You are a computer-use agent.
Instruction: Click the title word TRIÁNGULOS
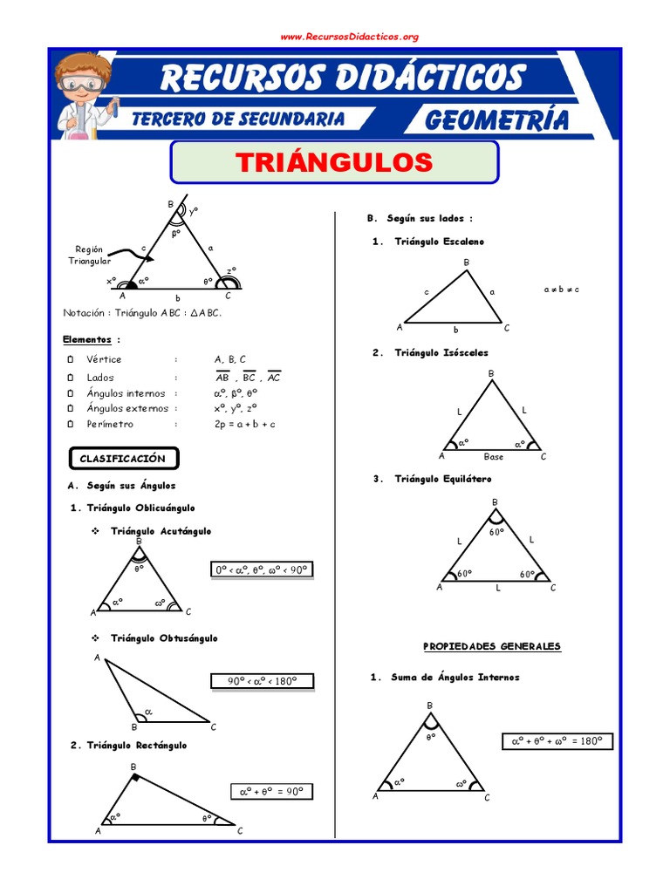tap(334, 162)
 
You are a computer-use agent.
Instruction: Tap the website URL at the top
tap(350, 37)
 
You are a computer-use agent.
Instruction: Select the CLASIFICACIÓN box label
tap(122, 458)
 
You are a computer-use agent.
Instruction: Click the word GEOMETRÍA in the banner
tap(496, 119)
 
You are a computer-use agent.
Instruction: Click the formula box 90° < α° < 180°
tap(262, 681)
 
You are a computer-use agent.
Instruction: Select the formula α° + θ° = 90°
tap(271, 792)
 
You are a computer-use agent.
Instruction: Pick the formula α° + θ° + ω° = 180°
tap(557, 741)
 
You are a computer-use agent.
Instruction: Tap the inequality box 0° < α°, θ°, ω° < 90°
tap(262, 570)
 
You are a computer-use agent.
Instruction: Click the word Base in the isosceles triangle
tap(494, 456)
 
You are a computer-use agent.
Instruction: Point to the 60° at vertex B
tap(496, 532)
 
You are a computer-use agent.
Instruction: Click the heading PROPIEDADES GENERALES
tap(492, 646)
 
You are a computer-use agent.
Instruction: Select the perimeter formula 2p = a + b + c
tap(245, 424)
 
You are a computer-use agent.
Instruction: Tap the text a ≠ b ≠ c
tap(561, 290)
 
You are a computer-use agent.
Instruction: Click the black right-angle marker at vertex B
tap(136, 775)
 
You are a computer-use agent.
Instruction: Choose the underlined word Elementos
tap(87, 339)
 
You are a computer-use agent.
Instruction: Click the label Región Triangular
tap(89, 255)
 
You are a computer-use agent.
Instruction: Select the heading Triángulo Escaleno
tap(439, 242)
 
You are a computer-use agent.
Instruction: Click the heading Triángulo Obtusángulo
tap(164, 638)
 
